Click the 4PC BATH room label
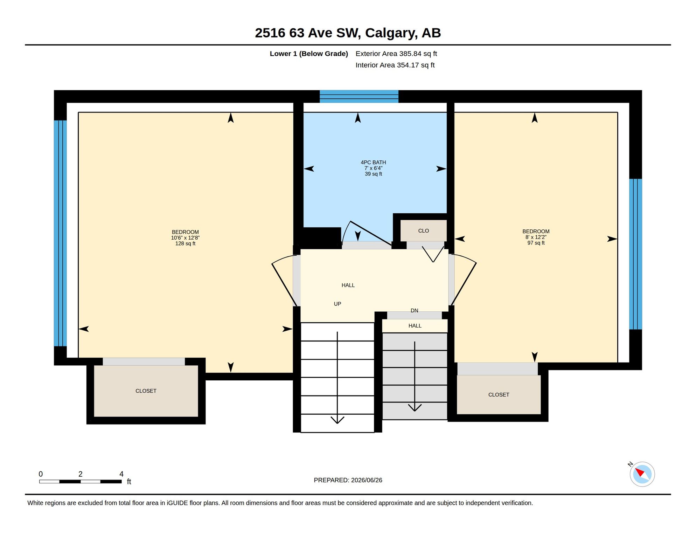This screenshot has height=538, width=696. tap(373, 163)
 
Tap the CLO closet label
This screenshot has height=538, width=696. tap(423, 231)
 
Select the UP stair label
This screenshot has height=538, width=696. tap(337, 304)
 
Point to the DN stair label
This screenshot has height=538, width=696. tap(414, 311)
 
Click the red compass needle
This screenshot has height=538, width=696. tap(640, 472)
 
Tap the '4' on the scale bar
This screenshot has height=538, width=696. tap(121, 474)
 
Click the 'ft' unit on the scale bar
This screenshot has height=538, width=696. tap(129, 482)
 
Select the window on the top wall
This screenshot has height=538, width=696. tap(359, 96)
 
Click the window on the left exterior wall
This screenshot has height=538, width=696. tap(60, 233)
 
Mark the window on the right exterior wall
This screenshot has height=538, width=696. tap(635, 254)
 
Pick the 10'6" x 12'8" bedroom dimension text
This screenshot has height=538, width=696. tap(185, 238)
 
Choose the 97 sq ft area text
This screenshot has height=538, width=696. tap(536, 243)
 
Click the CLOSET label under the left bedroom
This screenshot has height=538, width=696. tap(146, 391)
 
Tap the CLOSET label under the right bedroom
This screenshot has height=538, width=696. tap(499, 395)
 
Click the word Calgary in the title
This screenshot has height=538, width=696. tap(391, 33)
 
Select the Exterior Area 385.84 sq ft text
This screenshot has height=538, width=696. tap(396, 54)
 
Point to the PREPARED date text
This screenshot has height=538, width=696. tap(348, 480)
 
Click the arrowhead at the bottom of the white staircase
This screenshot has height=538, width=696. tap(337, 420)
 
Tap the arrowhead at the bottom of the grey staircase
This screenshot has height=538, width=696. tap(415, 408)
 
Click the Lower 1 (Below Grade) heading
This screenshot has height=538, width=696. tap(309, 54)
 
